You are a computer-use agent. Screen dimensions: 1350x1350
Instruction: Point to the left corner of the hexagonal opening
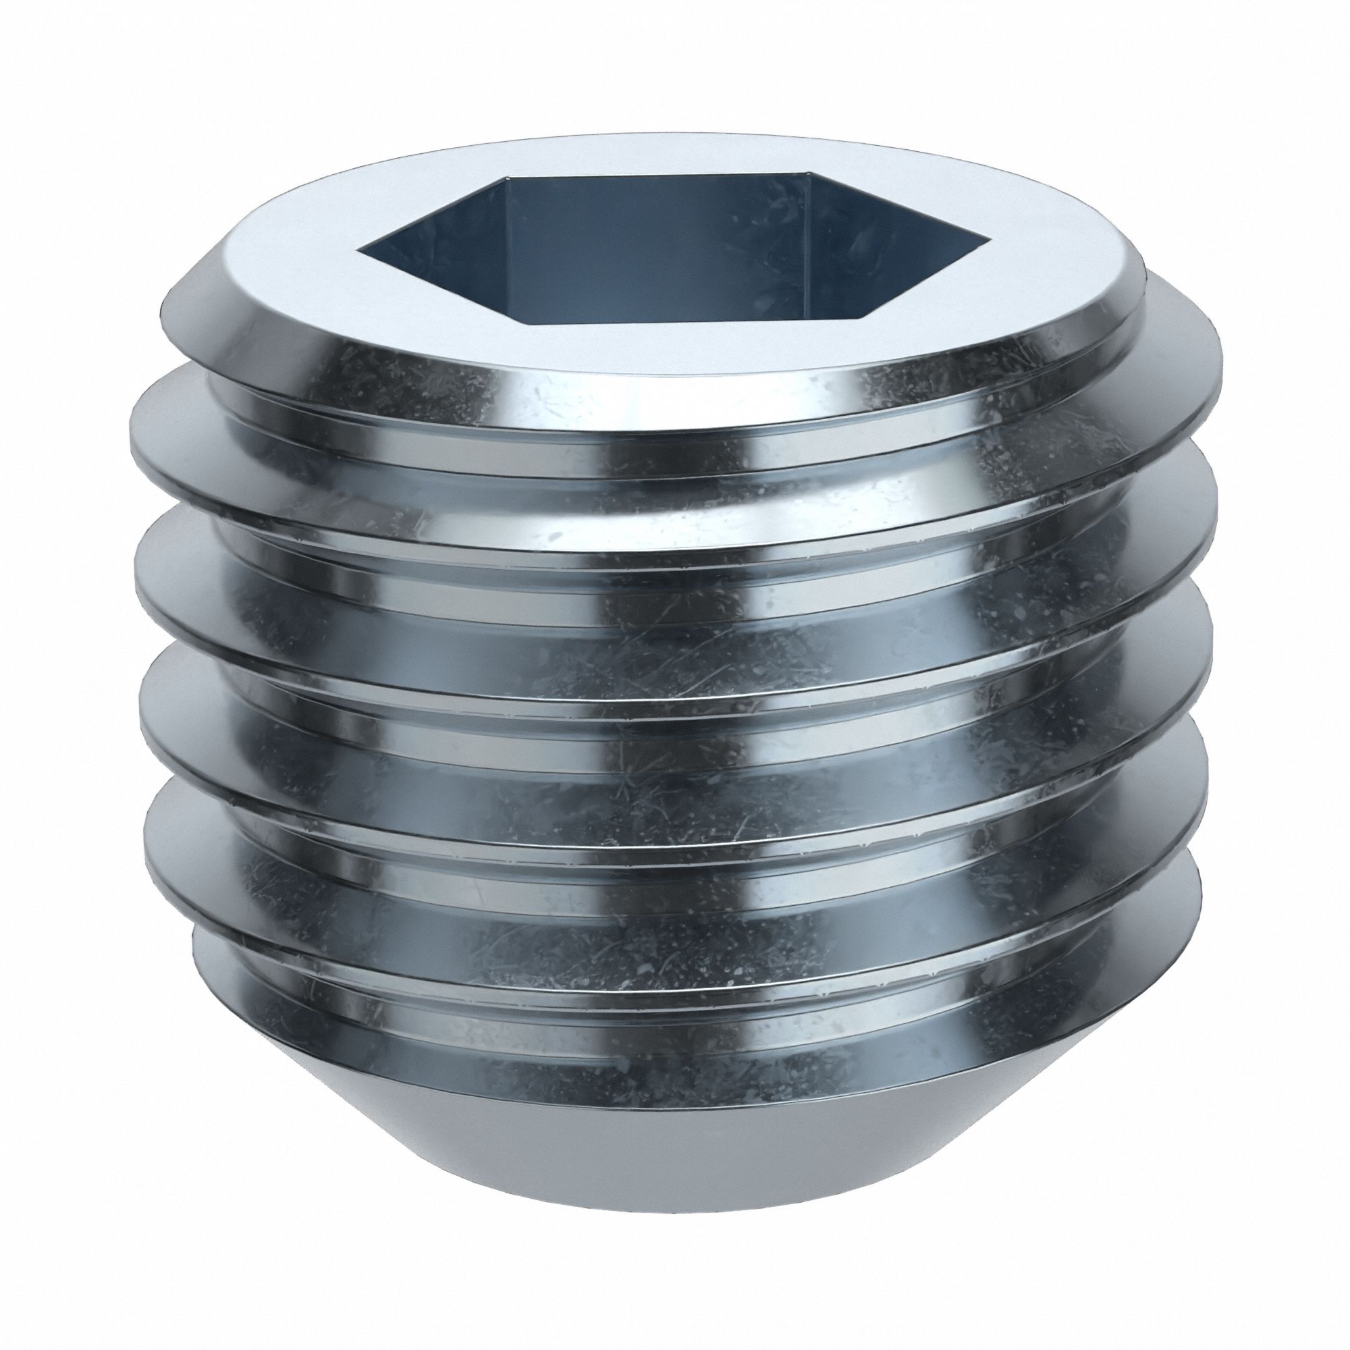pyautogui.click(x=360, y=246)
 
